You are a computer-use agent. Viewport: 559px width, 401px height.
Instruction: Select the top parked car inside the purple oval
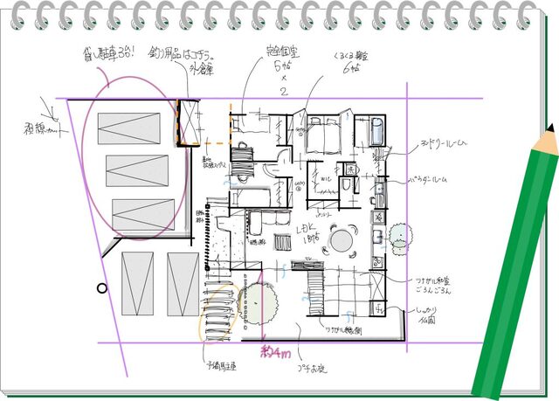130,128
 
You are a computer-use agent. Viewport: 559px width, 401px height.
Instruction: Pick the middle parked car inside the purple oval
137,168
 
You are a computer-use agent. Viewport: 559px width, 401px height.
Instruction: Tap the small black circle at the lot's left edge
102,287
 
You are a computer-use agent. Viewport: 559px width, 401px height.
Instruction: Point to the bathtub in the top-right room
377,132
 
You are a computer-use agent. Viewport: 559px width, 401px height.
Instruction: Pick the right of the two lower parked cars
183,284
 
